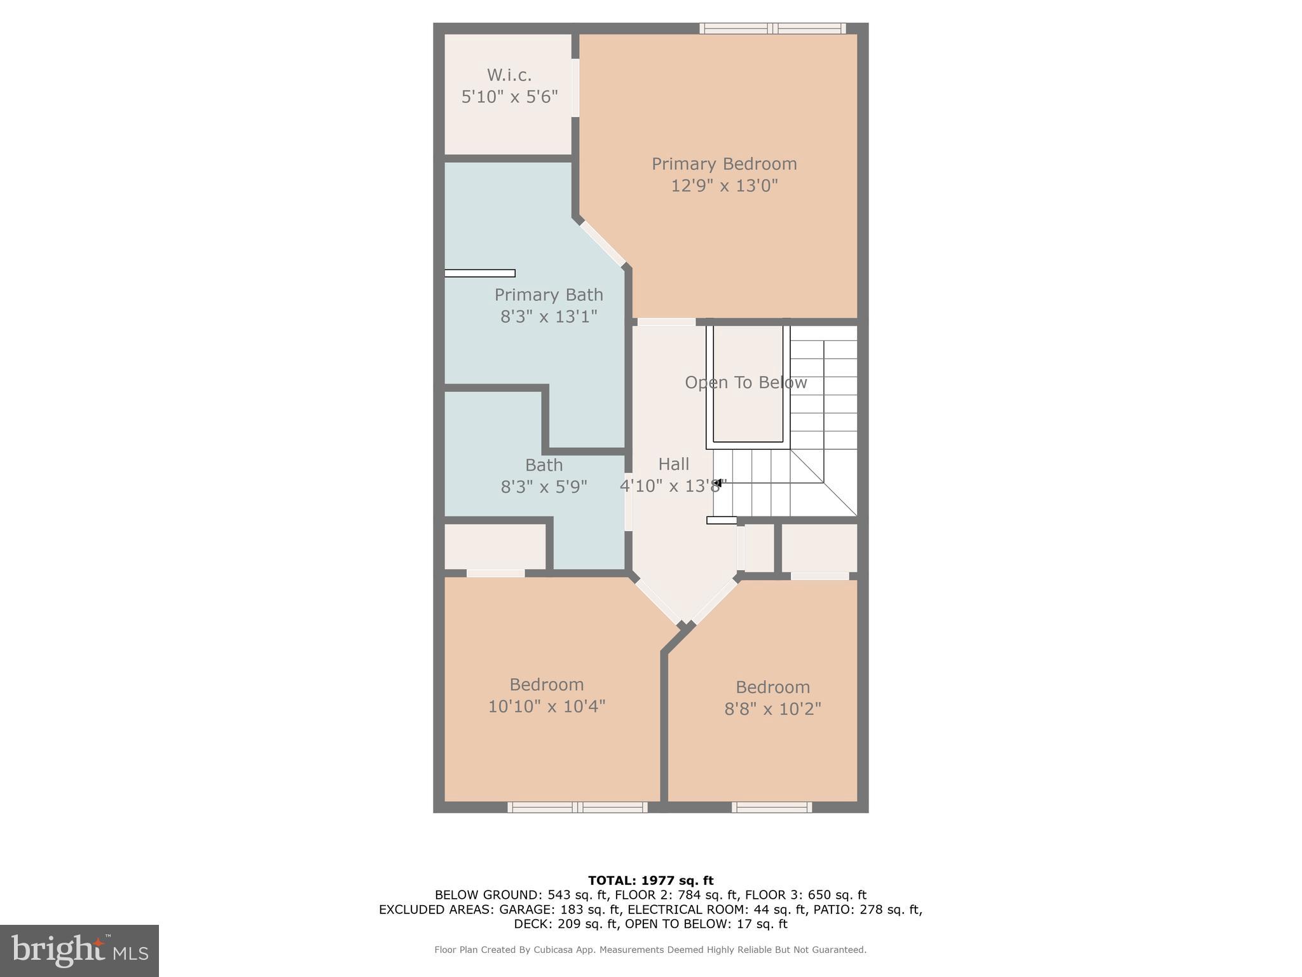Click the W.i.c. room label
pos(509,75)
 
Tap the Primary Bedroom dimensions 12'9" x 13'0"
pos(724,186)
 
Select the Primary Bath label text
pos(549,294)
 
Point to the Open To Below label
pos(746,382)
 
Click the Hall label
pos(673,464)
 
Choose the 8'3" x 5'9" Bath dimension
pos(544,487)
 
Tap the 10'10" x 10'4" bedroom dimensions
pos(546,706)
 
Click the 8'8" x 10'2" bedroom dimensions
pos(772,709)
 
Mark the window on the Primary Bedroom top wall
pos(772,28)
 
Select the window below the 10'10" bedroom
pos(577,807)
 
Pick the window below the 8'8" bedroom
pos(771,807)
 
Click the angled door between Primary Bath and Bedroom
pos(602,244)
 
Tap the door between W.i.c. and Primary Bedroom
pos(575,88)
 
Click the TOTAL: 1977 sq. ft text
pos(650,880)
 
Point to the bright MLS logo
pos(79,950)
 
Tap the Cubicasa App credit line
pos(650,950)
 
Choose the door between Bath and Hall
pos(628,501)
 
